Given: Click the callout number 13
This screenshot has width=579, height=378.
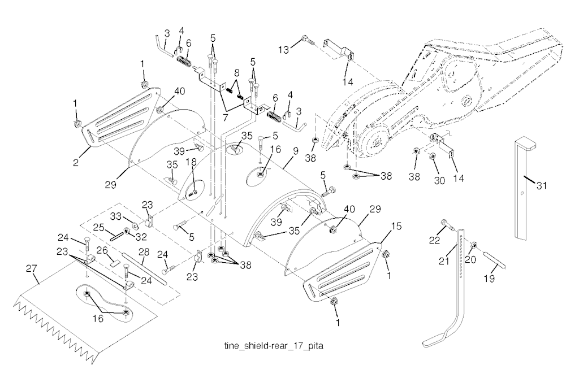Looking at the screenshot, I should point(285,50).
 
